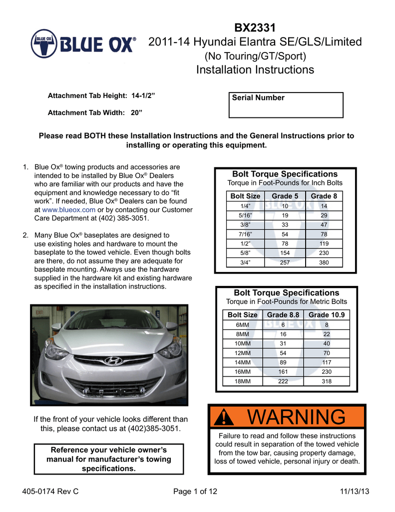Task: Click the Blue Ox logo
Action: pos(83,44)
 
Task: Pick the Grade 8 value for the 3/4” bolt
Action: pos(324,262)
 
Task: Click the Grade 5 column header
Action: pos(285,196)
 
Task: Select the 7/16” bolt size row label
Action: pos(245,234)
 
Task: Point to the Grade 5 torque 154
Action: pos(285,253)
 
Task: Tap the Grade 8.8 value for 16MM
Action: pos(283,371)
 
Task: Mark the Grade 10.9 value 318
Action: pos(327,381)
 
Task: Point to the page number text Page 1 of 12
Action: pos(195,491)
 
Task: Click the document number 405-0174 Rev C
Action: pos(51,491)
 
